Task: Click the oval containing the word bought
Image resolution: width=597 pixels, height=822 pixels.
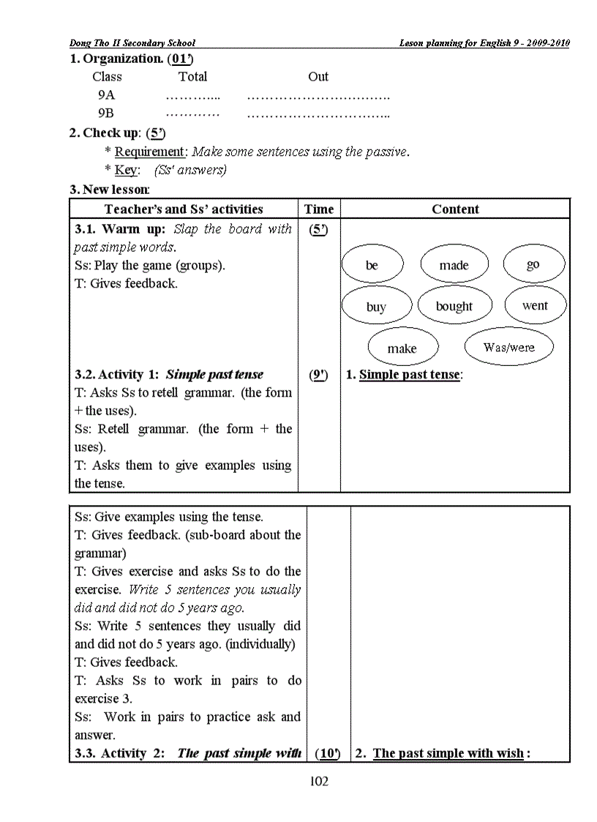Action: pyautogui.click(x=454, y=306)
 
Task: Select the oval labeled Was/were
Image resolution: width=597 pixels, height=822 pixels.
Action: pyautogui.click(x=509, y=348)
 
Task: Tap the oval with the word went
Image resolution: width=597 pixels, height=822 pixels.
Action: pyautogui.click(x=534, y=305)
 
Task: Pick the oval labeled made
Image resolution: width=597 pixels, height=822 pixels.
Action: pyautogui.click(x=454, y=265)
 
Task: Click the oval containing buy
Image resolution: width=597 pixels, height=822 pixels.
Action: pyautogui.click(x=376, y=307)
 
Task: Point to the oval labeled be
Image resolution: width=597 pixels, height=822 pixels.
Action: pyautogui.click(x=372, y=265)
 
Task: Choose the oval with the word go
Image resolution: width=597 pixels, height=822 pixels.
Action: pyautogui.click(x=533, y=264)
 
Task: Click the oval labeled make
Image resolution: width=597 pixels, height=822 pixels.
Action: pyautogui.click(x=402, y=348)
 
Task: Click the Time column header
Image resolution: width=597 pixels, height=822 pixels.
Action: pyautogui.click(x=319, y=209)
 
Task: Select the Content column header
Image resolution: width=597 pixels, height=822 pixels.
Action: pyautogui.click(x=455, y=209)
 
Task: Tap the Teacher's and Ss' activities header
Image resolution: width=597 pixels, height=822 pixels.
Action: pyautogui.click(x=184, y=209)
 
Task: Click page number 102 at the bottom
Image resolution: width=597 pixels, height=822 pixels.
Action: pyautogui.click(x=319, y=782)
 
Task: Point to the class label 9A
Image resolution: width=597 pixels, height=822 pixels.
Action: pyautogui.click(x=106, y=95)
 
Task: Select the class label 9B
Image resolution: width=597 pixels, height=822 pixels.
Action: pyautogui.click(x=106, y=113)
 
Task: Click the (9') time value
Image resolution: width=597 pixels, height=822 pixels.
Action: pyautogui.click(x=319, y=375)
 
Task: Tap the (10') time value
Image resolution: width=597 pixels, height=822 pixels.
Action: pyautogui.click(x=328, y=753)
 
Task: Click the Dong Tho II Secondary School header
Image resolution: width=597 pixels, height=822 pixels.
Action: pyautogui.click(x=132, y=43)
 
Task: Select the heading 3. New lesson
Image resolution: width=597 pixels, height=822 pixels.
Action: pyautogui.click(x=110, y=190)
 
